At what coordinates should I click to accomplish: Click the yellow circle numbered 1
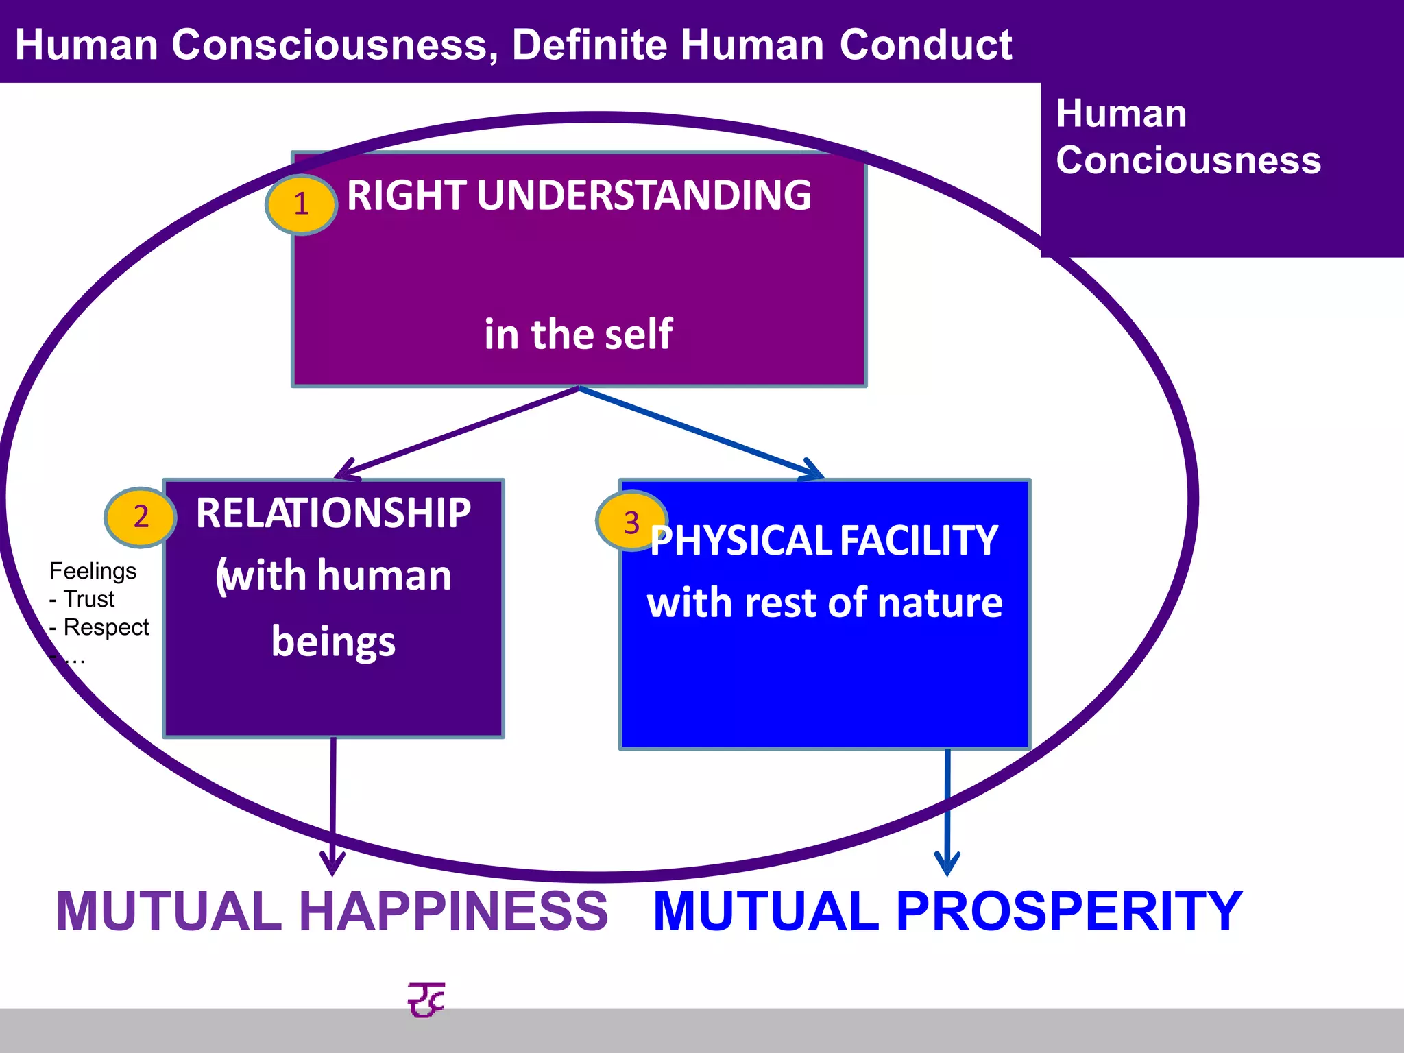(x=301, y=204)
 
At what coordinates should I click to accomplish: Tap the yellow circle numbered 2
(x=141, y=517)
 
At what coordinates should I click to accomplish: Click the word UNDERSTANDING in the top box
(x=644, y=195)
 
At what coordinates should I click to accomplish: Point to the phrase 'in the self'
(x=578, y=335)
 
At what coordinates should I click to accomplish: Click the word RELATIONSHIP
(x=333, y=513)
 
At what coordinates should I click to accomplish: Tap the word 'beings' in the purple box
(x=333, y=642)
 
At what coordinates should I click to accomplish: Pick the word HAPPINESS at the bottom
(x=453, y=911)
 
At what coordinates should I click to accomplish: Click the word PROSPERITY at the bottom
(x=1069, y=911)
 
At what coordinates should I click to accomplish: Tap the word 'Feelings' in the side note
(x=93, y=571)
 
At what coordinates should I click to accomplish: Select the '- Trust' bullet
(x=82, y=599)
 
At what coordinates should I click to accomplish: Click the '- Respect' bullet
(x=99, y=627)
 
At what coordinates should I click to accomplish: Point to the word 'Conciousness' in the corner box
(x=1188, y=160)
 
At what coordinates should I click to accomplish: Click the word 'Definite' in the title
(x=589, y=45)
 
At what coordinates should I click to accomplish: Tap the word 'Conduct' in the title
(x=925, y=45)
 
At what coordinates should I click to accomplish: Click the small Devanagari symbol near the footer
(x=426, y=1000)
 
